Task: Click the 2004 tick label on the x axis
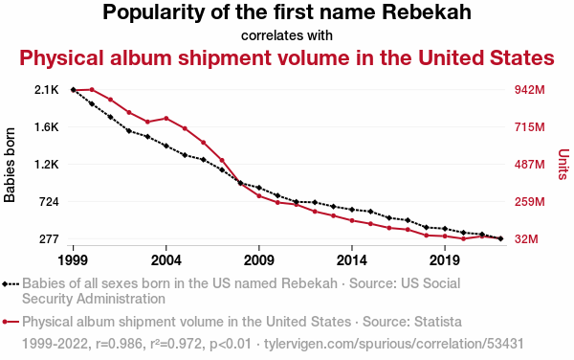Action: click(x=166, y=260)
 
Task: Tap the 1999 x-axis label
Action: click(x=73, y=260)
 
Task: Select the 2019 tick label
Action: click(x=445, y=260)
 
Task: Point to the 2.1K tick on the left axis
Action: click(x=47, y=90)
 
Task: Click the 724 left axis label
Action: click(x=49, y=202)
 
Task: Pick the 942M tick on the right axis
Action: click(x=530, y=90)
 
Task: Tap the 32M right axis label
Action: click(x=526, y=239)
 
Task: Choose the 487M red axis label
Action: click(x=530, y=165)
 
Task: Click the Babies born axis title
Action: click(x=10, y=165)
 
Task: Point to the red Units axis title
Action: click(x=563, y=164)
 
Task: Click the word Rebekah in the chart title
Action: click(x=427, y=12)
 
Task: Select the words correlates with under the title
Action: click(x=287, y=35)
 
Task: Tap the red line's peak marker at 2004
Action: click(x=166, y=119)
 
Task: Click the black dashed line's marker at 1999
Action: click(x=74, y=90)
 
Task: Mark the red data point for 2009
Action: click(x=259, y=196)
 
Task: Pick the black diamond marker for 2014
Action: click(x=352, y=210)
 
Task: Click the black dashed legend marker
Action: click(x=11, y=283)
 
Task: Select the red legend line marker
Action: click(x=11, y=322)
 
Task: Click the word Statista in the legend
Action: click(x=438, y=322)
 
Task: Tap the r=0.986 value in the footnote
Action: click(x=119, y=344)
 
